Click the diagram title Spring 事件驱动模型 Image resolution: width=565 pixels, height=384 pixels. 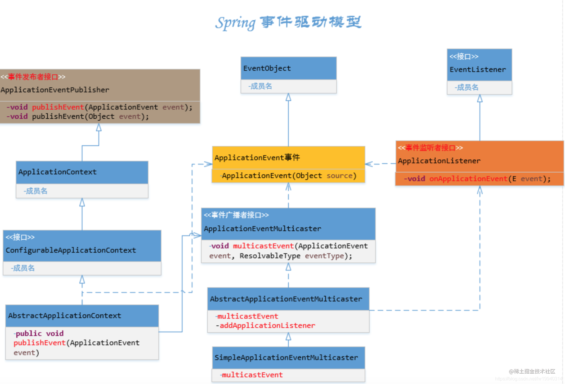click(x=288, y=23)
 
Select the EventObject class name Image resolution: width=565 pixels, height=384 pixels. click(x=267, y=68)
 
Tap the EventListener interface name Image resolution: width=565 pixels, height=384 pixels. click(x=477, y=70)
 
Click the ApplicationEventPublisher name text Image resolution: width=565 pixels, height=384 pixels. click(x=55, y=90)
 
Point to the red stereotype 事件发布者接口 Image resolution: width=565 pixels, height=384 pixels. click(x=33, y=77)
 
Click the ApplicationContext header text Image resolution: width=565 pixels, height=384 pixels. click(x=57, y=172)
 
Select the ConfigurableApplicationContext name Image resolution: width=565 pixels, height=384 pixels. click(x=71, y=250)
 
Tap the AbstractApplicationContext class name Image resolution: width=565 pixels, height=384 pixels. click(x=64, y=315)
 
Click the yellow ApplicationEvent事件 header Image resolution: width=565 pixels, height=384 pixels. click(x=257, y=158)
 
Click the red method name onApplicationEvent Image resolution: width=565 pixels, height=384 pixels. click(x=468, y=179)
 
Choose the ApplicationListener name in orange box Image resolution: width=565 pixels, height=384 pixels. click(x=439, y=161)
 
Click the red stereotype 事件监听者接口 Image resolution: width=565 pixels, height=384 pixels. click(x=430, y=148)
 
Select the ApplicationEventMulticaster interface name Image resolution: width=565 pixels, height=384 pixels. click(x=262, y=229)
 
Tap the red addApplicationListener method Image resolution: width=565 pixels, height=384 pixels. click(x=267, y=325)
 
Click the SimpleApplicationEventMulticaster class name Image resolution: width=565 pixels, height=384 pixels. click(x=286, y=357)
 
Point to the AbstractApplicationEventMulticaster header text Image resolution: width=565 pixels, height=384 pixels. click(x=286, y=299)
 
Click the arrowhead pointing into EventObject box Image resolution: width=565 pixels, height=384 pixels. click(x=288, y=97)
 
